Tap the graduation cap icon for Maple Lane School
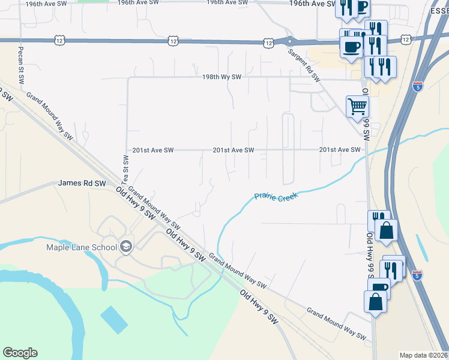[126, 245]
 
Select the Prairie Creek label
[276, 196]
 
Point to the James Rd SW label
[82, 184]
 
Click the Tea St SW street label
[125, 169]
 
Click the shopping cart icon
[357, 107]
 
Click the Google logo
[20, 353]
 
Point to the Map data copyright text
[423, 355]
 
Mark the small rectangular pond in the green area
[114, 320]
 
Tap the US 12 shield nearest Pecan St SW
[59, 40]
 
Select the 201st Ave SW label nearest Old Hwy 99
[340, 150]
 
